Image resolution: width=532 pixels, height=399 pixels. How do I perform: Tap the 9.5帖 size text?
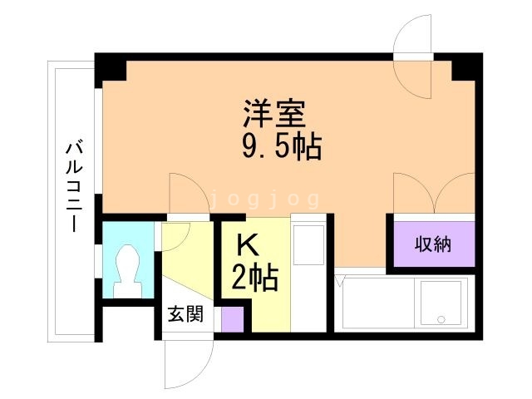(x=282, y=147)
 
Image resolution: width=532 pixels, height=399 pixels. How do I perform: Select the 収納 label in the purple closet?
(x=433, y=244)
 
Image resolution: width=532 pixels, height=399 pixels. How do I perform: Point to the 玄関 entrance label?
(x=186, y=314)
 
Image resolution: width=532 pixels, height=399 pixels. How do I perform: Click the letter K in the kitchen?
(x=248, y=246)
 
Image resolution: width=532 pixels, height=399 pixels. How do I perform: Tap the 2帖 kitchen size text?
(x=255, y=278)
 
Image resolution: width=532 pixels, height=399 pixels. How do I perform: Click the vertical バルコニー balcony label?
(x=74, y=188)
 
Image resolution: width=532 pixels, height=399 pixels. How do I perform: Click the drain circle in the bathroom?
(x=441, y=319)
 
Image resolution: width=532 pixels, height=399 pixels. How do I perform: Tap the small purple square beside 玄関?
(x=233, y=319)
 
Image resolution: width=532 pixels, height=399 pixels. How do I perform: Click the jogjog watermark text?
(x=265, y=199)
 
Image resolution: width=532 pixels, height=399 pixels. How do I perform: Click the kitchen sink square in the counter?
(x=309, y=244)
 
